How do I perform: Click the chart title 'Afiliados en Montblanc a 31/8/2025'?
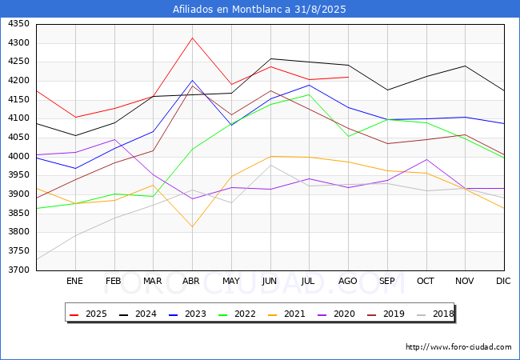[260, 10]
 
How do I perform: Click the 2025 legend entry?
[89, 314]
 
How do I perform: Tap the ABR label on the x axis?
[191, 281]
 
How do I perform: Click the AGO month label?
[347, 281]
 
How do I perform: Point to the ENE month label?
[74, 281]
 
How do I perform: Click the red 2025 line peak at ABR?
[192, 38]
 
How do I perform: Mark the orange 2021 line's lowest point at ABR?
[192, 226]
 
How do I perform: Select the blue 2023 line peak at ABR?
[192, 81]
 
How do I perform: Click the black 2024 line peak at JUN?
[270, 58]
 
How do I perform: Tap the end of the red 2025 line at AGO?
[348, 77]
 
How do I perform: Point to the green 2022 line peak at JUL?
[309, 94]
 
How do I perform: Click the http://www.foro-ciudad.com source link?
[458, 347]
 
